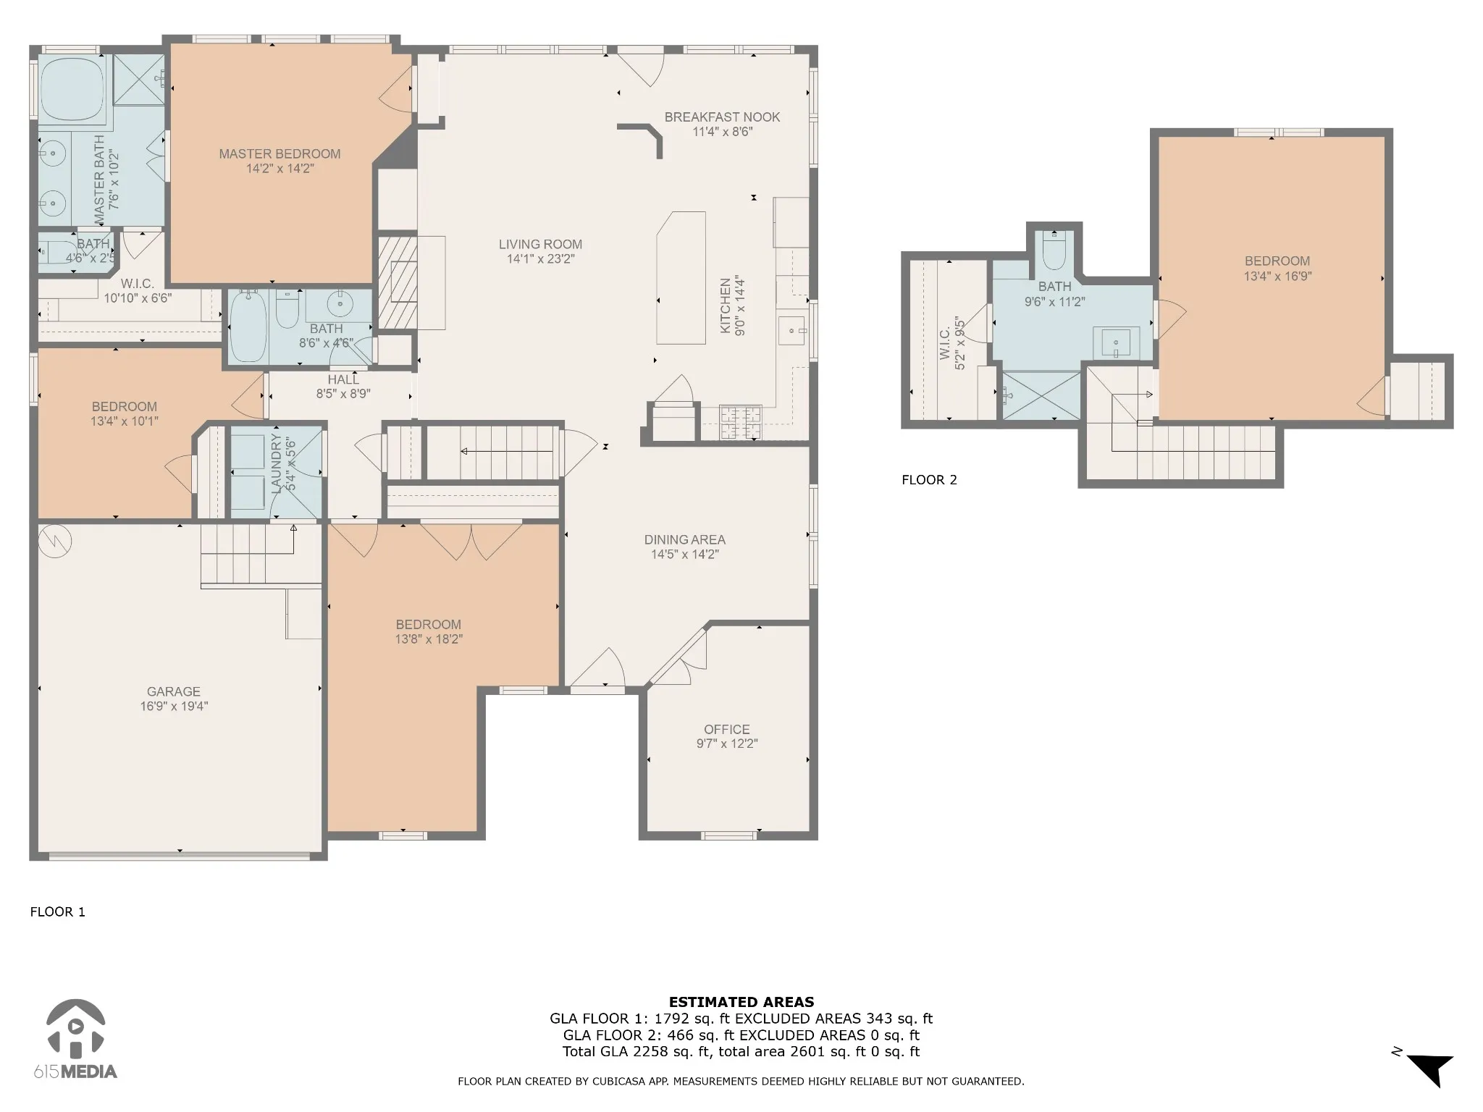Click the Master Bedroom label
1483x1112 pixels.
click(280, 154)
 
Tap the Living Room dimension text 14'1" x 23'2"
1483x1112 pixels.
click(540, 259)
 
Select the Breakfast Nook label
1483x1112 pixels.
click(722, 117)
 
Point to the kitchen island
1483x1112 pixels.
click(681, 278)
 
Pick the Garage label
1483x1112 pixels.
click(174, 692)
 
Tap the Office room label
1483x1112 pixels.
click(727, 730)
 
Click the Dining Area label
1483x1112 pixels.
click(685, 540)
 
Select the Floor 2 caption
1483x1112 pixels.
click(929, 480)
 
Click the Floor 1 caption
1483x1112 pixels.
click(58, 912)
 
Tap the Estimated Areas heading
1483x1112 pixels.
click(741, 1003)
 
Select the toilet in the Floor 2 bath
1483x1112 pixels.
click(1054, 250)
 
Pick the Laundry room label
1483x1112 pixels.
click(276, 464)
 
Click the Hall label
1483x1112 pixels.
click(343, 380)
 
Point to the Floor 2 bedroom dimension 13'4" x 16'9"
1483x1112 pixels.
click(1277, 277)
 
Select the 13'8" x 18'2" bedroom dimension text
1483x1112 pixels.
click(429, 639)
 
